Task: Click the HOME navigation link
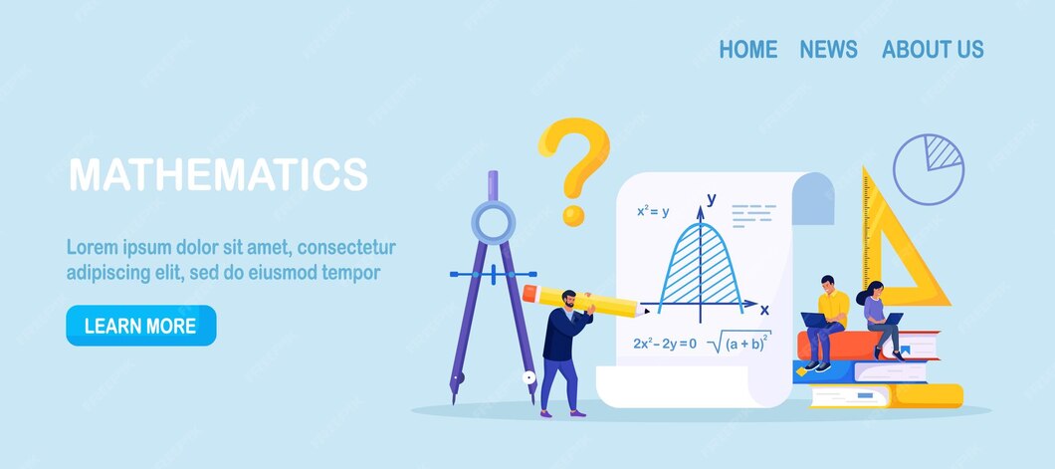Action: click(747, 49)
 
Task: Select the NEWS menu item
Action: click(828, 49)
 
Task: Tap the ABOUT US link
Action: click(932, 49)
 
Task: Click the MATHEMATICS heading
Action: click(218, 174)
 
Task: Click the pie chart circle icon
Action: click(928, 169)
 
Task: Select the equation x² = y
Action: click(653, 211)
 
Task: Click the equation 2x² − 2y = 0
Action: click(664, 344)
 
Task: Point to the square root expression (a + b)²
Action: click(738, 343)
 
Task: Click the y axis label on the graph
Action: click(711, 198)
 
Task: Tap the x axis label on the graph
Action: click(764, 310)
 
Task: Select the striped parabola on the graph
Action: click(702, 269)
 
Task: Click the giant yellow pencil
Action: click(582, 302)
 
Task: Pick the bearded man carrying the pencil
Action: click(563, 349)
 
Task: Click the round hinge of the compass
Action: click(493, 221)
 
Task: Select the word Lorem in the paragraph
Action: click(91, 247)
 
